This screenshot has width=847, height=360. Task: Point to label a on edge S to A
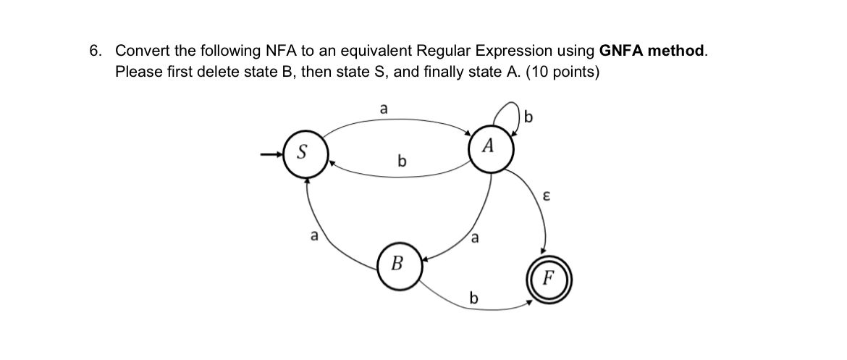tap(384, 108)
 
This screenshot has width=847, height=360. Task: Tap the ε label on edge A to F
tap(548, 196)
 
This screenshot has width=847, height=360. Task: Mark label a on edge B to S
tap(313, 235)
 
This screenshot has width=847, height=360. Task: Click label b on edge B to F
tap(474, 297)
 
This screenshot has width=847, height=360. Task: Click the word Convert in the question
tap(144, 51)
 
